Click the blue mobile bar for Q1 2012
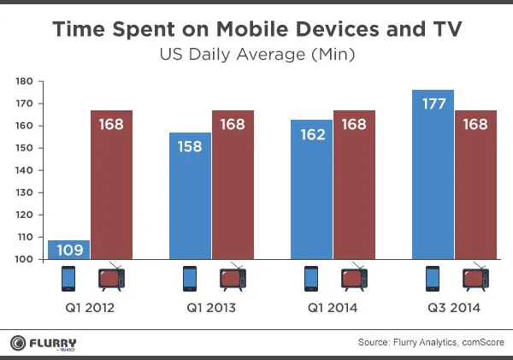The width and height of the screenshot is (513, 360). tap(68, 249)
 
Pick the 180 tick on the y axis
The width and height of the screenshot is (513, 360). tap(25, 81)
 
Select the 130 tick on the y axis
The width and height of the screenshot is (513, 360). tap(25, 192)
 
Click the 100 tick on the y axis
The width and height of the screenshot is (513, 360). tap(25, 259)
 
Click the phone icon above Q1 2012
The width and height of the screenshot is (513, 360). tap(69, 279)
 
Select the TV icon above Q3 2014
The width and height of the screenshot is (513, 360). tap(475, 278)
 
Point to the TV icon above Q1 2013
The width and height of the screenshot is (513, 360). tap(233, 278)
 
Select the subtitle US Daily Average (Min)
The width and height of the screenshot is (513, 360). tap(256, 56)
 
